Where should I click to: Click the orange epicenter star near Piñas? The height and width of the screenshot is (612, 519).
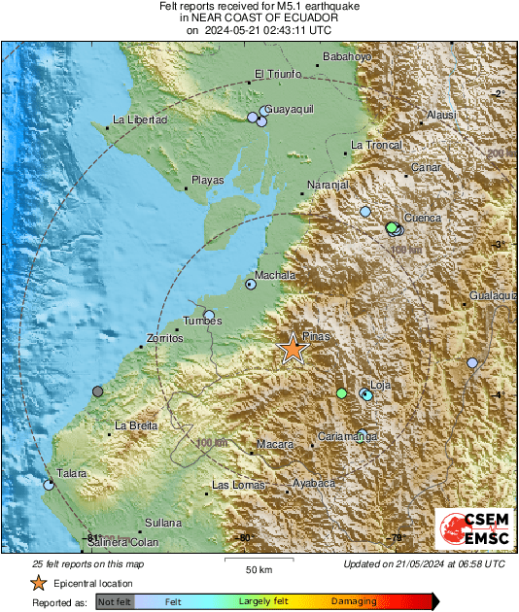293,348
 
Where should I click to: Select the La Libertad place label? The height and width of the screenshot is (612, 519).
140,119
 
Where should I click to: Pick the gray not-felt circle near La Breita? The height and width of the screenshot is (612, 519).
97,391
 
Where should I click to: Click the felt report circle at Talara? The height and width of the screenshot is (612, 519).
49,483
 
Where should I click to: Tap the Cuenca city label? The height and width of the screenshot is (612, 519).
423,218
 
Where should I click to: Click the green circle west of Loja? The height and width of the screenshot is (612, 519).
341,393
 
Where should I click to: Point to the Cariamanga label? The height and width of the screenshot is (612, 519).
347,437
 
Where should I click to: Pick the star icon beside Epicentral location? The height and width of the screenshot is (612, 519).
38,583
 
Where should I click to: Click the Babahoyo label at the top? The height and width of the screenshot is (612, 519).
347,56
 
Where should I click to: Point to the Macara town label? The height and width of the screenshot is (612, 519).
274,444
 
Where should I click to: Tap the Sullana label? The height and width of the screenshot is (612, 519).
162,523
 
